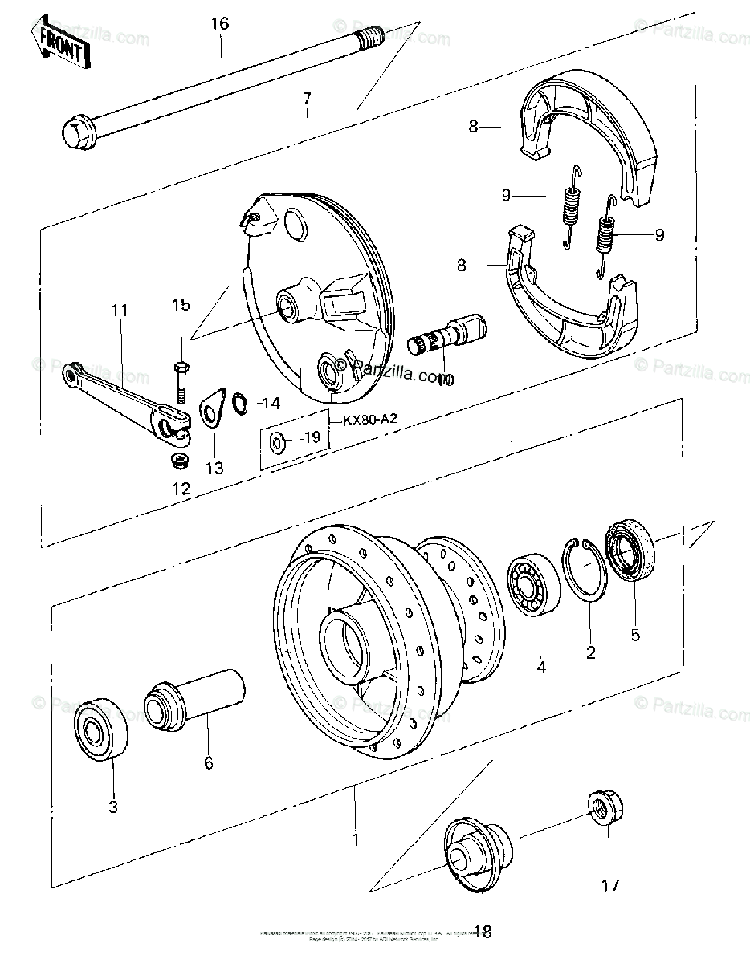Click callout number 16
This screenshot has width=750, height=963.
click(x=220, y=24)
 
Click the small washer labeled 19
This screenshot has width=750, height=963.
click(x=277, y=441)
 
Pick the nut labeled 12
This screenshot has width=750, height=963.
click(x=179, y=461)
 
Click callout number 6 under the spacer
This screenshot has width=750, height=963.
click(x=209, y=762)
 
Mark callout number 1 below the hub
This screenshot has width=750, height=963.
click(x=354, y=840)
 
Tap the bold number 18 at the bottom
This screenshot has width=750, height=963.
click(x=482, y=932)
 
